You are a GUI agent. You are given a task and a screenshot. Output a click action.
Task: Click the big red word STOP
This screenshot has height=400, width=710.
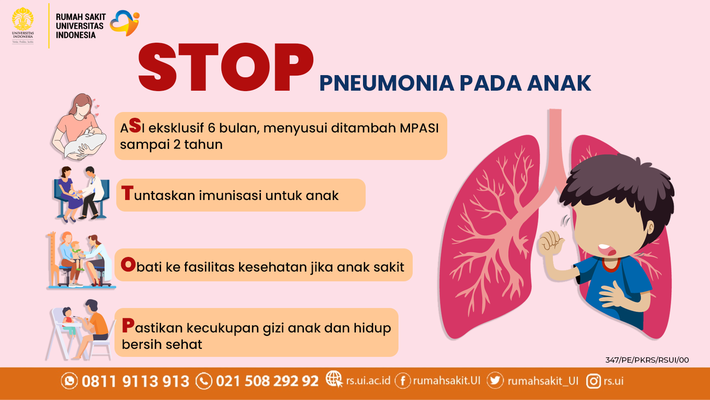pos(226,67)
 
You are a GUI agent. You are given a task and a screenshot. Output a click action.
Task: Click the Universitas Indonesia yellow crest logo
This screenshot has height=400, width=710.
pos(23,25)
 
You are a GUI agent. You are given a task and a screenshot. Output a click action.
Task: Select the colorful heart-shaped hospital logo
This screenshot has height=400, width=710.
pos(125,23)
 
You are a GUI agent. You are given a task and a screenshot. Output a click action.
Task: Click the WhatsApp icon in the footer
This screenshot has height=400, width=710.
pos(69,380)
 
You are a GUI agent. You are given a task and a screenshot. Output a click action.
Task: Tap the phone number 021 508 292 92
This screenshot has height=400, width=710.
pos(267,381)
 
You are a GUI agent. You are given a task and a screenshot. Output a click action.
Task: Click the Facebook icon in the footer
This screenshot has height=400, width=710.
pos(403,380)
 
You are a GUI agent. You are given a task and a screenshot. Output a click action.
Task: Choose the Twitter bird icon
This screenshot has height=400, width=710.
pos(495,380)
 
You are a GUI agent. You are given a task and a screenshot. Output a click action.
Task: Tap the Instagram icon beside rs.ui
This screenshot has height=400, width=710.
pos(594,381)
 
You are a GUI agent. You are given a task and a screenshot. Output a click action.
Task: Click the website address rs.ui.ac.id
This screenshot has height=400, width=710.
pos(368,380)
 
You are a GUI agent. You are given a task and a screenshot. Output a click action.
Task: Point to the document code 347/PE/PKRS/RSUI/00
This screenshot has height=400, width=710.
pos(647,360)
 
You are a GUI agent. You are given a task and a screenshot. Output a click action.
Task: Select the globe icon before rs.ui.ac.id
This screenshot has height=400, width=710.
pos(335,379)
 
